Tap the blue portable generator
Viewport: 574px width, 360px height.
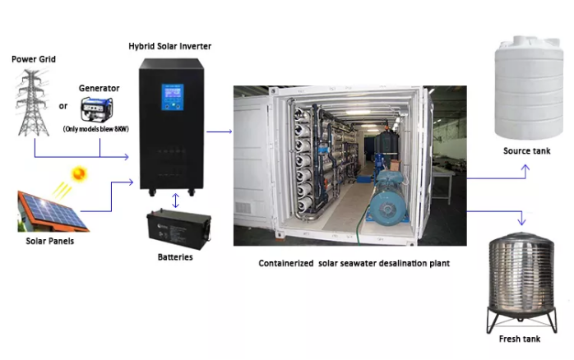(x=98, y=109)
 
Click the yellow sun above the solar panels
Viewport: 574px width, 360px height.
(x=79, y=174)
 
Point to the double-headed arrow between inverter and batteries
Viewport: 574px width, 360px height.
(x=175, y=201)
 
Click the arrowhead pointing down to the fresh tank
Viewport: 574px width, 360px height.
(x=521, y=219)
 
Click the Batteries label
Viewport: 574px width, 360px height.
(x=174, y=257)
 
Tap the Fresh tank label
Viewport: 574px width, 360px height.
(x=520, y=339)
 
